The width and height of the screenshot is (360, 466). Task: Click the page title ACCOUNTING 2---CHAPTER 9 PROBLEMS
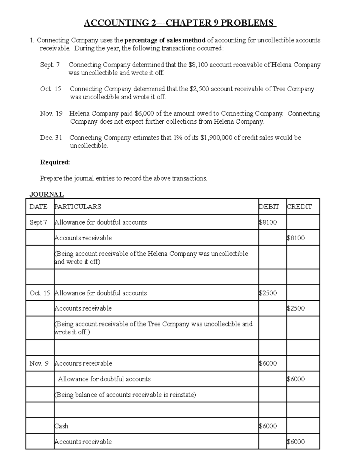coord(180,23)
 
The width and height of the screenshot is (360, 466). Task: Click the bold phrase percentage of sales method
coord(165,40)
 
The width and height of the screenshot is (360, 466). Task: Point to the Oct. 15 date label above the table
coord(50,89)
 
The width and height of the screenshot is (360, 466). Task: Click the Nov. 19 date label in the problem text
coord(51,113)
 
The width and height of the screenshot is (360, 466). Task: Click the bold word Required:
coord(55,162)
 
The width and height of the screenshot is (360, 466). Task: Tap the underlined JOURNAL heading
coord(46,194)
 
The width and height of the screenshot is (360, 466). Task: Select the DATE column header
coord(38,207)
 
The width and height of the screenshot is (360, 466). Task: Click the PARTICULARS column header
coord(78,207)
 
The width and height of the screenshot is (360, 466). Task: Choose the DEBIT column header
coord(269,207)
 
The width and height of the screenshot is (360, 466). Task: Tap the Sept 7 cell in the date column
coord(38,222)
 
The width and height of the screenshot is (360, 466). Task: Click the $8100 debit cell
coord(268,222)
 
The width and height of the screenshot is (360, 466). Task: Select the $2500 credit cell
coord(296,308)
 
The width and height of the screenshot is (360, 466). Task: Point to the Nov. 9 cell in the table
coord(39,363)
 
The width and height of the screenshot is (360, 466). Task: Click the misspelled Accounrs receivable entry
coord(83,363)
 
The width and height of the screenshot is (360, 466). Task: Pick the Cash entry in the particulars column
coord(61,426)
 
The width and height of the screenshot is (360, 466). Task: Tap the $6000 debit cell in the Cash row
coord(268,426)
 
